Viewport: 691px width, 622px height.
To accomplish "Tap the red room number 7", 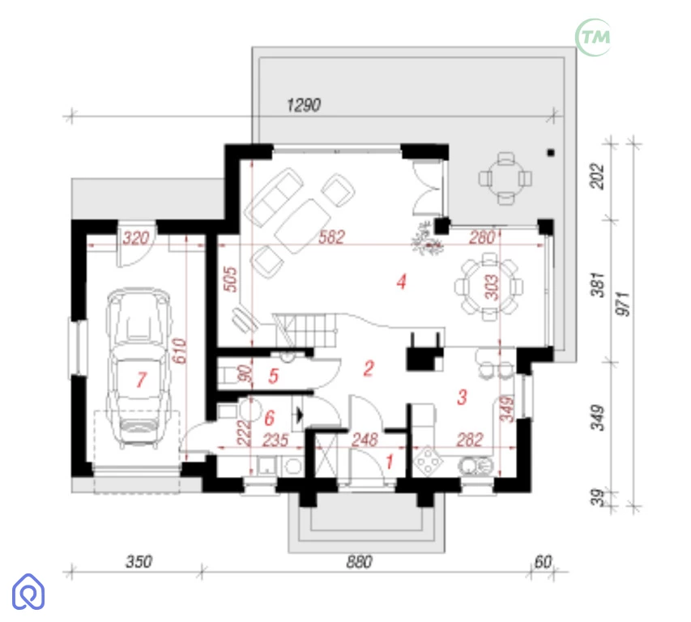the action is pos(142,380).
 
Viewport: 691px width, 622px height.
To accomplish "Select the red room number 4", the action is pos(401,282).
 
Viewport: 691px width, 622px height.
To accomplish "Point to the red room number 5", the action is pos(273,376).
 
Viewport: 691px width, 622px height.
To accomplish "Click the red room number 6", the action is pos(269,418).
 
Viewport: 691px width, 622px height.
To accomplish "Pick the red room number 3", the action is pos(462,397).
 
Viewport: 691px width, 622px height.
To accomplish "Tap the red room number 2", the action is pos(369,369).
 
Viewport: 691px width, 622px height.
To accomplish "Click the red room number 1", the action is pos(390,462).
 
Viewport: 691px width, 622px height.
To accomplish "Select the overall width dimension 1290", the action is pos(304,104).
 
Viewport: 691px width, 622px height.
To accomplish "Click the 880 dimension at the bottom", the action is pos(359,561).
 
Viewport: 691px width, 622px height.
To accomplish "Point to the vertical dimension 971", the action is pos(623,304).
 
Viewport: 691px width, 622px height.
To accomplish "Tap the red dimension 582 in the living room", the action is pos(331,237).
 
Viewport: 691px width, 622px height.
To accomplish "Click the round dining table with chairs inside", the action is pos(489,287).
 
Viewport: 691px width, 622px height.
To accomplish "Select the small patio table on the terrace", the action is pos(505,178).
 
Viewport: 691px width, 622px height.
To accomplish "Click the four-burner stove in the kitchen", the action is pos(428,461).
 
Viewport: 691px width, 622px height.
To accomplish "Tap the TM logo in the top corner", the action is pos(594,37).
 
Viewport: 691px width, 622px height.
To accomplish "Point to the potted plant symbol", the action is pos(426,239).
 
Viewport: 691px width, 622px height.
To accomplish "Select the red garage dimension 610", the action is pos(179,351).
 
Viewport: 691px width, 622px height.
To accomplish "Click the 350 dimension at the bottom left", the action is pos(139,561).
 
